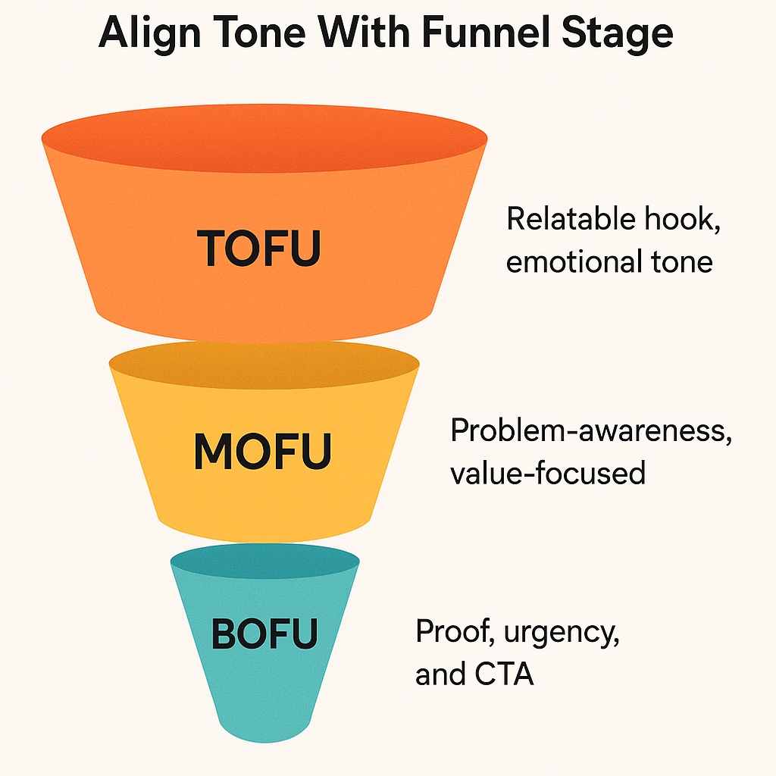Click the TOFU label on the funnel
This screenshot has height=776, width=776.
(258, 247)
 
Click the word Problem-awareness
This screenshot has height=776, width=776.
(591, 431)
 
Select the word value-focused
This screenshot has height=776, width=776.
(547, 474)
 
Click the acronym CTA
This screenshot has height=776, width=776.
(505, 674)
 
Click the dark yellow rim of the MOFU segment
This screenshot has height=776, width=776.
(264, 363)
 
